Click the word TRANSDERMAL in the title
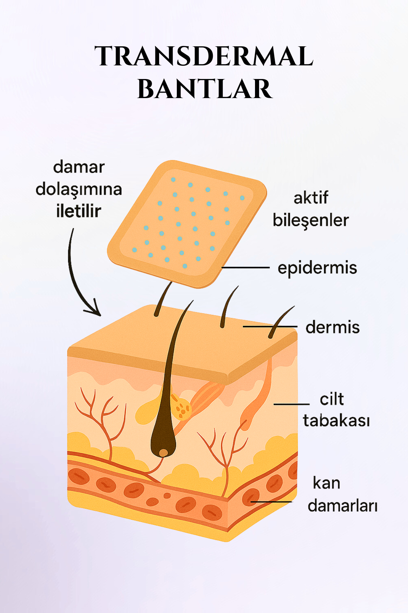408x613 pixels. pos(204,56)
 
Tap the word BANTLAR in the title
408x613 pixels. pos(205,89)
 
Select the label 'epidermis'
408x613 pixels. pos(317,268)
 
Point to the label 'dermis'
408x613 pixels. pos(333,327)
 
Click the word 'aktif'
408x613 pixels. pos(311,198)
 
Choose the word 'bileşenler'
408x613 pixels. pos(311,220)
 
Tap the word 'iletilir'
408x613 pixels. pos(79,211)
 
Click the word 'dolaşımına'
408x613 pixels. pos(79,189)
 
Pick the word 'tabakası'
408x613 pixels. pos(336,420)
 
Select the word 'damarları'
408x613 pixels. pos(342,506)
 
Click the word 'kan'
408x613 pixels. pos(326,483)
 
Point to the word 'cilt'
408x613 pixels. pos(332,399)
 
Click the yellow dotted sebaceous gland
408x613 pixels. pos(181,408)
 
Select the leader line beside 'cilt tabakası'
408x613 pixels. pos(291,404)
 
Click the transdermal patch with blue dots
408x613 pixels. pos(187,224)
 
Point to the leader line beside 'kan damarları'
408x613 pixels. pos(271,502)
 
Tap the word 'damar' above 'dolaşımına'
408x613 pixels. pos(79,167)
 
